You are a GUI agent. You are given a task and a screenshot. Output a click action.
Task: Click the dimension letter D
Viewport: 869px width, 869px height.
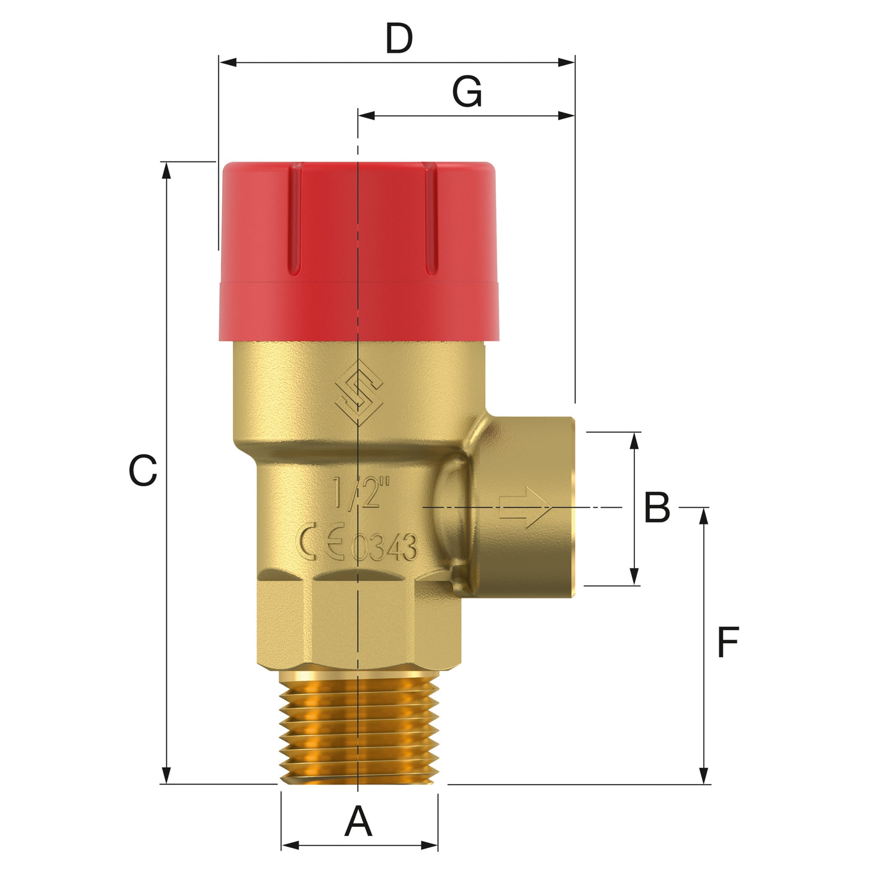tap(398, 39)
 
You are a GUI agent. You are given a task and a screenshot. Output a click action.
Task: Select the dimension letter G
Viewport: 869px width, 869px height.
tap(467, 92)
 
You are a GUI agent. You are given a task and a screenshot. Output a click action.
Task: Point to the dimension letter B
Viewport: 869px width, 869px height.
tap(657, 508)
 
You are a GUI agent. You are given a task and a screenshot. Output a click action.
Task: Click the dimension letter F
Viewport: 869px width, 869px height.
tap(727, 642)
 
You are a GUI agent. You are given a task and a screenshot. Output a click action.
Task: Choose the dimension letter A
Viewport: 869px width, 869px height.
tap(358, 822)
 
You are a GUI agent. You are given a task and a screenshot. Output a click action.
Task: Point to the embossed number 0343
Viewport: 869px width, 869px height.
tap(384, 547)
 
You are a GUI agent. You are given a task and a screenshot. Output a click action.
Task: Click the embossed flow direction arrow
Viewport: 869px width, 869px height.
tap(525, 507)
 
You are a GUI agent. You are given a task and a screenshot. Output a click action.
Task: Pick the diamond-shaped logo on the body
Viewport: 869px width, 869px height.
tap(359, 392)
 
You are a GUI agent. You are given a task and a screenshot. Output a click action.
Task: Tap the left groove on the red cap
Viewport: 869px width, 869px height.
tap(296, 220)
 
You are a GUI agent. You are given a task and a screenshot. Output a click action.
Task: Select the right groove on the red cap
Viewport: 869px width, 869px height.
tap(430, 220)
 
